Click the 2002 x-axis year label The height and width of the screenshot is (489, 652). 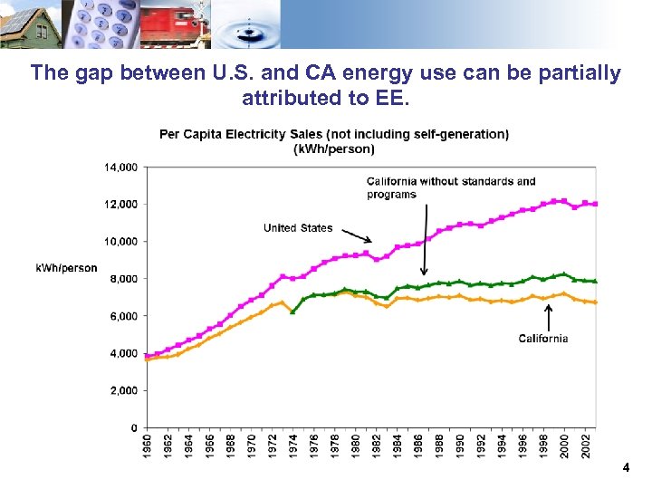tap(586, 446)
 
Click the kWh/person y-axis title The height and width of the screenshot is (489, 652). tap(67, 268)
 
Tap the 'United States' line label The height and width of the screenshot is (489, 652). tap(298, 228)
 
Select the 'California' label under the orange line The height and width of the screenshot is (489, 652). tap(543, 339)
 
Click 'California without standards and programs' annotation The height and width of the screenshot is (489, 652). tap(451, 187)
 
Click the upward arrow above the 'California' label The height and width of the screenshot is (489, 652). tap(547, 317)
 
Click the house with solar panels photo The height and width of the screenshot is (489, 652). tap(30, 24)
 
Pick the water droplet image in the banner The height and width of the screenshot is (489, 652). tap(248, 24)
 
